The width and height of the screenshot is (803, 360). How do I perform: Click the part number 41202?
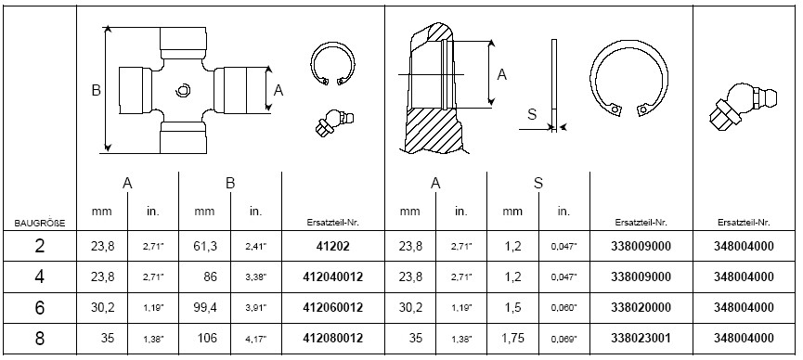point(333,246)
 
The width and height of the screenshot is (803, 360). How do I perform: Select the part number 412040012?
point(333,277)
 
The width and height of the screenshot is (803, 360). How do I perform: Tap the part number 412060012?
point(333,308)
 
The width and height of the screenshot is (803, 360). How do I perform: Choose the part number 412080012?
point(333,339)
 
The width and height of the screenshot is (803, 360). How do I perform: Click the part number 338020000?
point(641,308)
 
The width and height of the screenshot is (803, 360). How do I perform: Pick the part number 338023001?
point(641,339)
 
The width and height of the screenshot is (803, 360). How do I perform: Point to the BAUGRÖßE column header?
point(40,223)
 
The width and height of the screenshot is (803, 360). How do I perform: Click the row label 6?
point(39,308)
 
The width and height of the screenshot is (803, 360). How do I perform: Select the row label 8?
point(39,339)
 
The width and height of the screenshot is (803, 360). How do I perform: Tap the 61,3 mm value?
point(205,246)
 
